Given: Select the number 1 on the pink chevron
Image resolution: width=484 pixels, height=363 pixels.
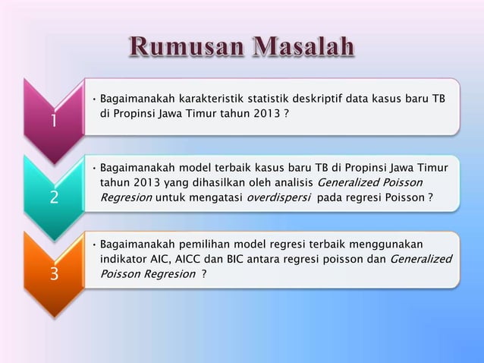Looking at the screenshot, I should pyautogui.click(x=53, y=122).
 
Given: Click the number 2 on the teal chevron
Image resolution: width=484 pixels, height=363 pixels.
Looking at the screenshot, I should pyautogui.click(x=53, y=197).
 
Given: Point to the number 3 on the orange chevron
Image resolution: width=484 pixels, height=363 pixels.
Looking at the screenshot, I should pyautogui.click(x=53, y=273).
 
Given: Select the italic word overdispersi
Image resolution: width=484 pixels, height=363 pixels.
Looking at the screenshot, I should pyautogui.click(x=281, y=197).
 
